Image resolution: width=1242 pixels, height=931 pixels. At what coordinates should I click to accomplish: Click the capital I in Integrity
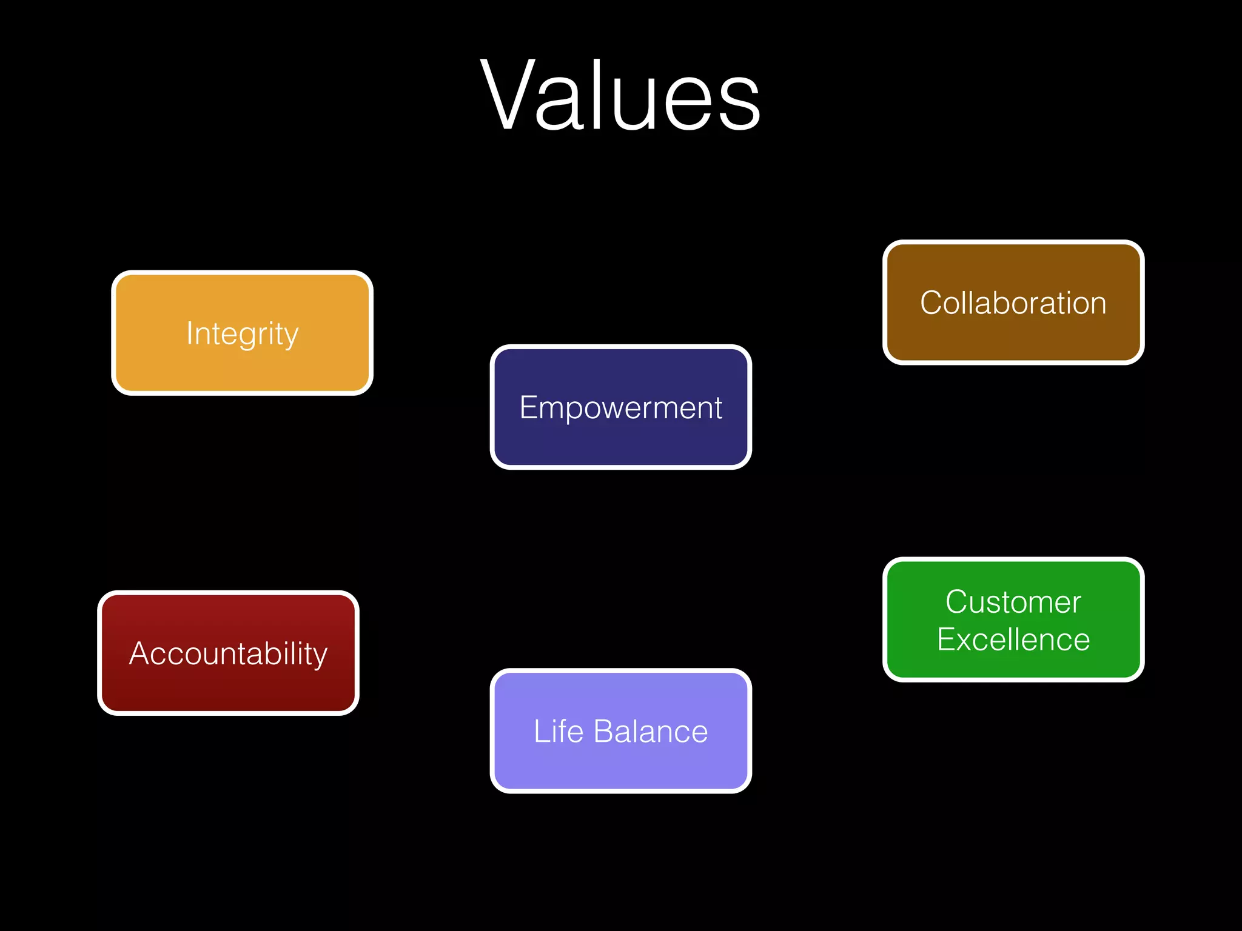pyautogui.click(x=190, y=333)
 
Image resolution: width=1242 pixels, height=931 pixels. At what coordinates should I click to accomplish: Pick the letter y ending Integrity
pyautogui.click(x=290, y=337)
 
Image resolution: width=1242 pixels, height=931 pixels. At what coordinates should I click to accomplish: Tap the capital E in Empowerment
pyautogui.click(x=529, y=407)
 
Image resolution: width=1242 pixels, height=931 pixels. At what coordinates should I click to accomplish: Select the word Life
pyautogui.click(x=558, y=731)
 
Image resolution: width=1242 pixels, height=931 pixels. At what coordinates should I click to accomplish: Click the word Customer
pyautogui.click(x=1013, y=602)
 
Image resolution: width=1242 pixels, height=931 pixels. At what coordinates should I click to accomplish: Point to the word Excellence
pyautogui.click(x=1013, y=639)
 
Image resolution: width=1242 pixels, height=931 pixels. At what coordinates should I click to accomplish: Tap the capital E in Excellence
pyautogui.click(x=947, y=639)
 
